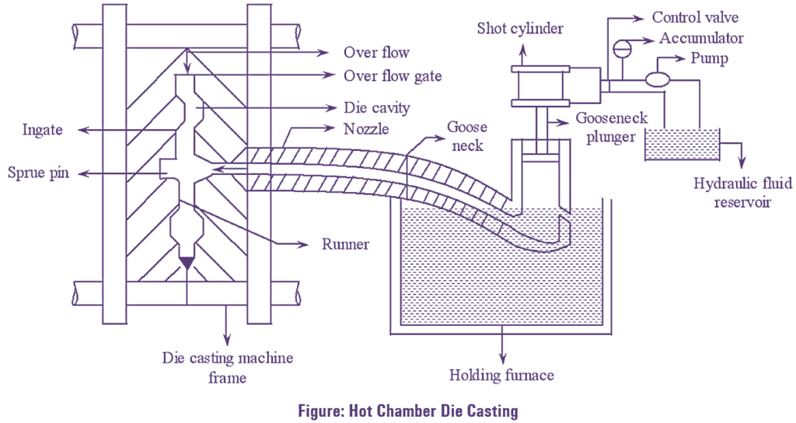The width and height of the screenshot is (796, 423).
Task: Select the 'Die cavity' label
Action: click(376, 107)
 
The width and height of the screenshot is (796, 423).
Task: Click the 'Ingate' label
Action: click(41, 131)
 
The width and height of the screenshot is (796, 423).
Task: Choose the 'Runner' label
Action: click(345, 244)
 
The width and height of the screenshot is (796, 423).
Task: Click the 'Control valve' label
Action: click(695, 17)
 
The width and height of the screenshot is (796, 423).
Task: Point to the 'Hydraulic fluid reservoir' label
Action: click(743, 193)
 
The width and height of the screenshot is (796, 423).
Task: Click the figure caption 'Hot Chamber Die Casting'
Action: click(397, 410)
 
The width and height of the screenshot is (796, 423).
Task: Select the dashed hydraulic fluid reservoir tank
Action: click(681, 145)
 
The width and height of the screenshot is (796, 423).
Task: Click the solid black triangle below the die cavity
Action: click(187, 263)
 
